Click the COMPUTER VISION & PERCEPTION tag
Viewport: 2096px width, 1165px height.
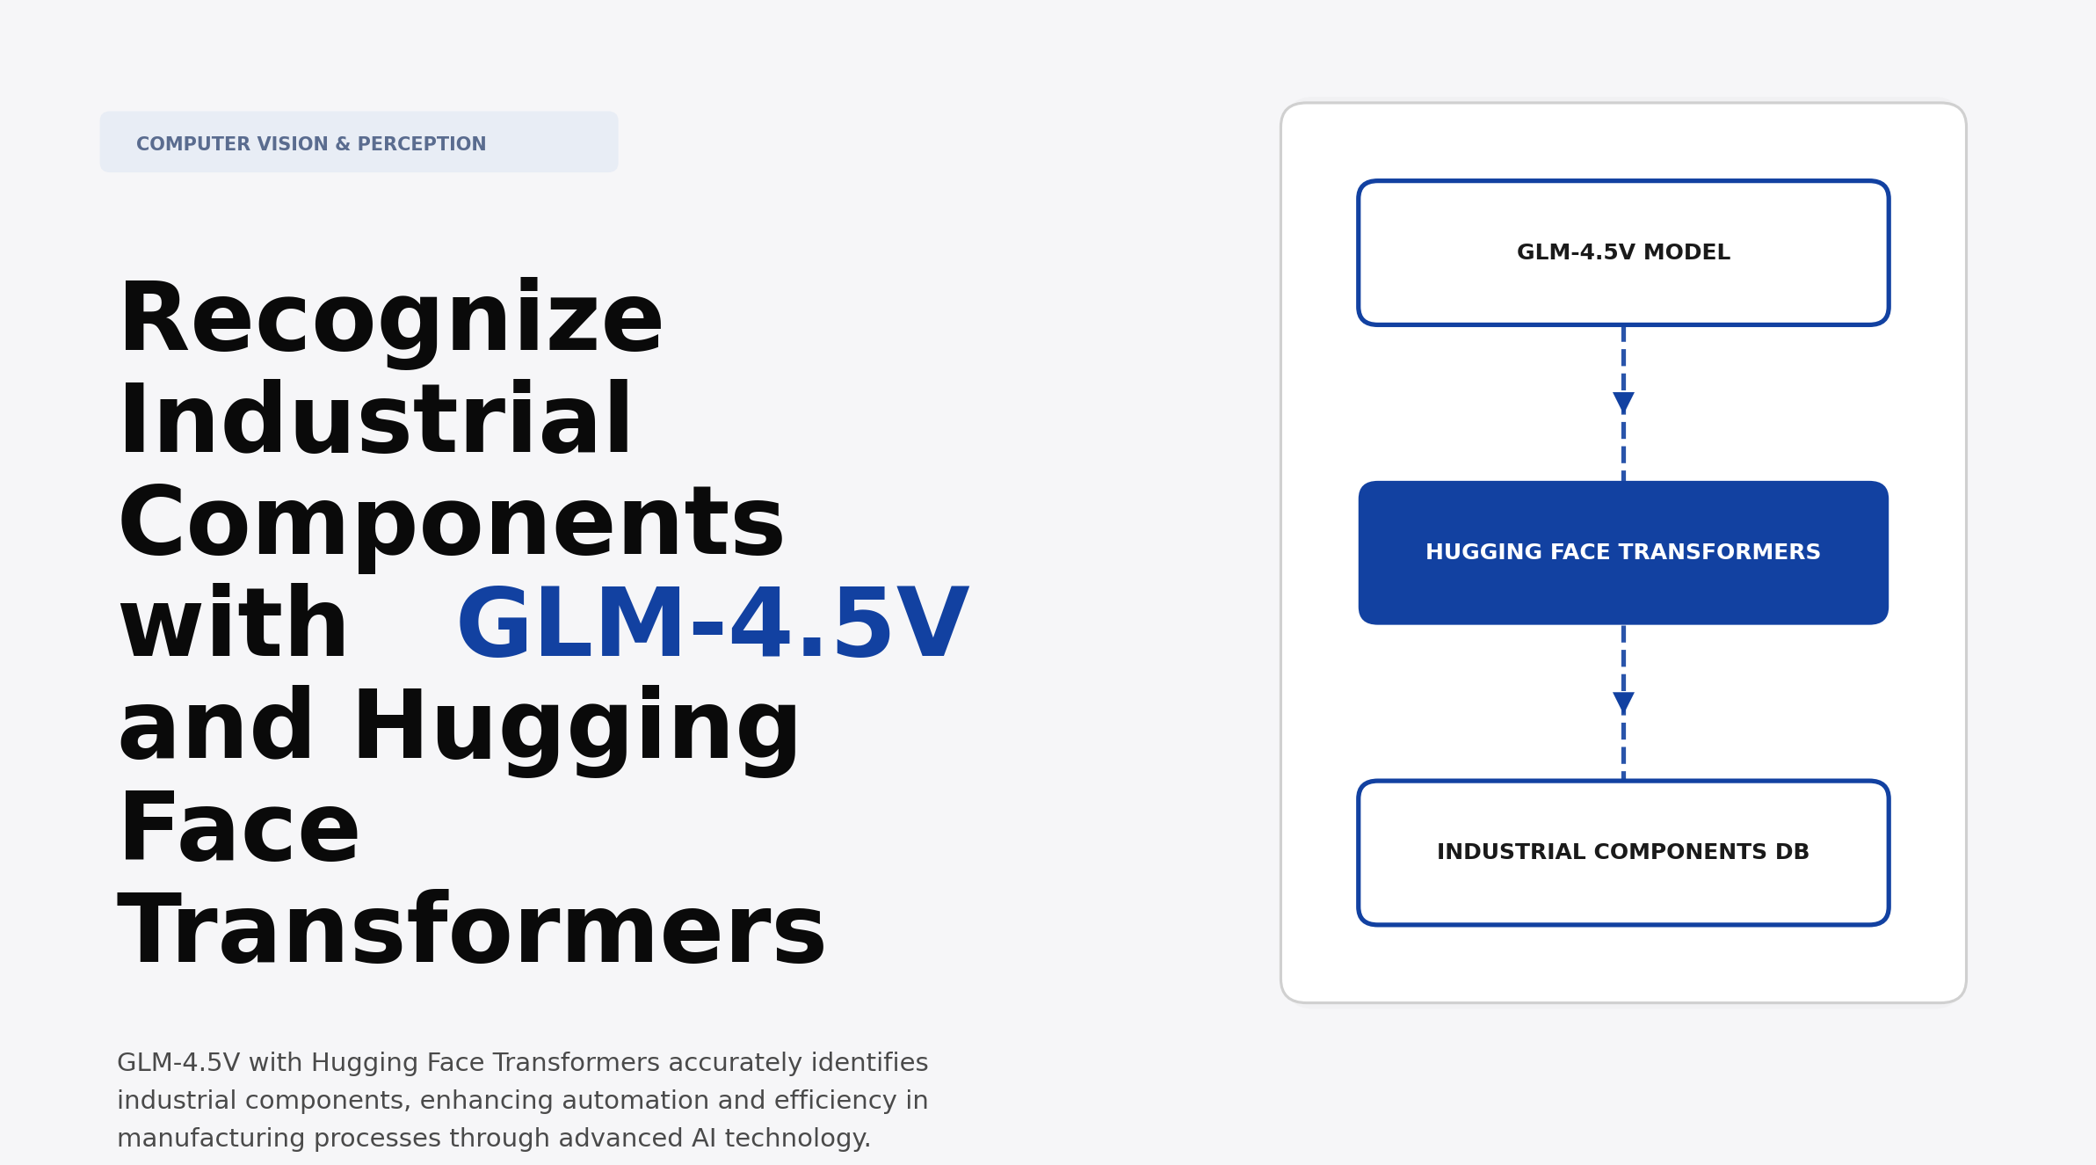pyautogui.click(x=359, y=142)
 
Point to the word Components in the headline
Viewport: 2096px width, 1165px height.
pyautogui.click(x=451, y=524)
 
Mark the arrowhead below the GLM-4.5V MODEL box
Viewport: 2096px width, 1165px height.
pyautogui.click(x=1623, y=403)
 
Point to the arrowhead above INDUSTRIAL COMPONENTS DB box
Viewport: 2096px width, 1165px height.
pyautogui.click(x=1623, y=703)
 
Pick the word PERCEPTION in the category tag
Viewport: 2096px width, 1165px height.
pyautogui.click(x=422, y=144)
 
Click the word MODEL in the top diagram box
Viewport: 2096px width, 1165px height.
pyautogui.click(x=1686, y=253)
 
